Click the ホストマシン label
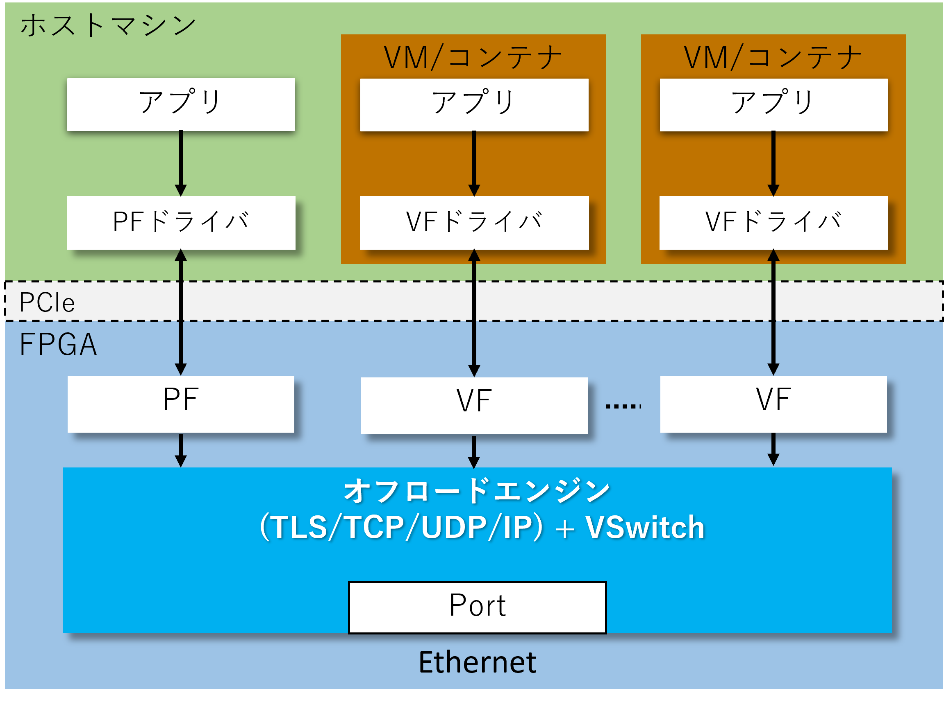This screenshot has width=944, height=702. pyautogui.click(x=108, y=25)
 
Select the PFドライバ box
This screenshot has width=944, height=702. pyautogui.click(x=181, y=222)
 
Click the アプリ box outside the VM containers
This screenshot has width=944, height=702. pyautogui.click(x=181, y=104)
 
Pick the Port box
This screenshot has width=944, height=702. pyautogui.click(x=477, y=607)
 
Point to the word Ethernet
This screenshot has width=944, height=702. pyautogui.click(x=477, y=662)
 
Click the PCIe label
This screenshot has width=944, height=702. pyautogui.click(x=47, y=302)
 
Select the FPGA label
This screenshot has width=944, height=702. pyautogui.click(x=58, y=344)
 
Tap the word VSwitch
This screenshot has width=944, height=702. pyautogui.click(x=644, y=527)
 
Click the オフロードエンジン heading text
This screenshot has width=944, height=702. pyautogui.click(x=477, y=491)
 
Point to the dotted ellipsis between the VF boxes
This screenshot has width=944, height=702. pyautogui.click(x=623, y=406)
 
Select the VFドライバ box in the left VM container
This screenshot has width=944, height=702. pyautogui.click(x=474, y=222)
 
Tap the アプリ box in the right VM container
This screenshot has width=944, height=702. pyautogui.click(x=773, y=104)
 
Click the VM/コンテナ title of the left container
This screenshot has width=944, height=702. pyautogui.click(x=473, y=57)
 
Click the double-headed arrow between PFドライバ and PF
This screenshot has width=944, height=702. pyautogui.click(x=181, y=312)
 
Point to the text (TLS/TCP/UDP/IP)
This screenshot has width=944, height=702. pyautogui.click(x=401, y=527)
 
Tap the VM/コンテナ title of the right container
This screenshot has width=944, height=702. pyautogui.click(x=773, y=57)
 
